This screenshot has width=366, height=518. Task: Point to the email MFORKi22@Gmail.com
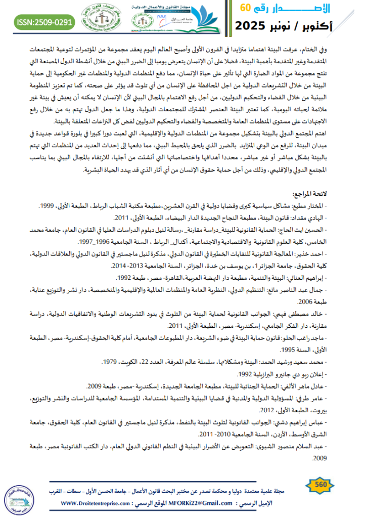[205, 503]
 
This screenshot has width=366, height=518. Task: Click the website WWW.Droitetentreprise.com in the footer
[102, 503]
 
